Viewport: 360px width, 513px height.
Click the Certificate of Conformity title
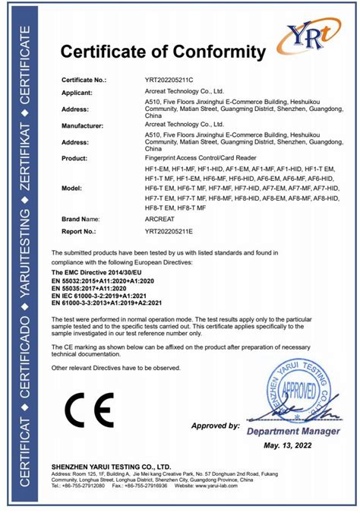[x=163, y=52]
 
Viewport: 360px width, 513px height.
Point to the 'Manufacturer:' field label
[x=84, y=123]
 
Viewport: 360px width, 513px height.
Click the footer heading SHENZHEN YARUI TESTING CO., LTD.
[x=111, y=466]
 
